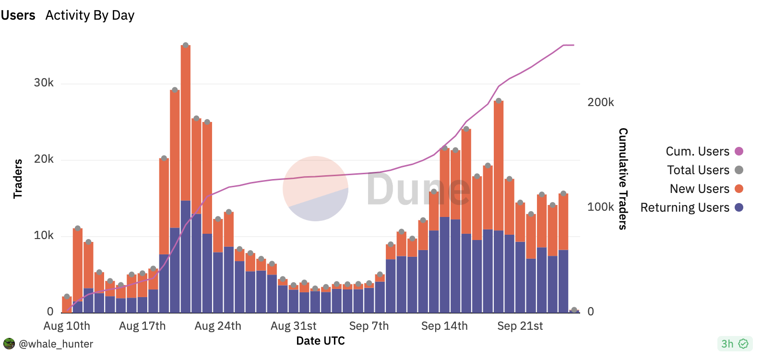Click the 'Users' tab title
tap(18, 15)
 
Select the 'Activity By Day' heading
tap(90, 15)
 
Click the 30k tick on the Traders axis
tap(44, 83)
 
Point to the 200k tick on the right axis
tap(600, 102)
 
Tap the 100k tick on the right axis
tap(600, 207)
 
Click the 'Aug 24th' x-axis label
tap(218, 326)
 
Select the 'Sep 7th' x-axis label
tap(369, 326)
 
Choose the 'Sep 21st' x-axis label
tap(520, 326)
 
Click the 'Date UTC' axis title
tap(320, 341)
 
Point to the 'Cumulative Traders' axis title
tap(623, 179)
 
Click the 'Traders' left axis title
tap(18, 179)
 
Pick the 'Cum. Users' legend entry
tap(697, 151)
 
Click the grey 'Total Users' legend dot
tap(739, 170)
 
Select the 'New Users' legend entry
tap(699, 189)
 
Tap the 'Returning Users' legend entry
tap(685, 207)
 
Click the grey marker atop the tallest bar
tap(186, 45)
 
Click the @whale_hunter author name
tap(56, 344)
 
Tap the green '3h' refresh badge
tap(734, 344)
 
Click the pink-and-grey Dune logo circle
tap(315, 189)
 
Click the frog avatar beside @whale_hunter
tap(9, 344)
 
